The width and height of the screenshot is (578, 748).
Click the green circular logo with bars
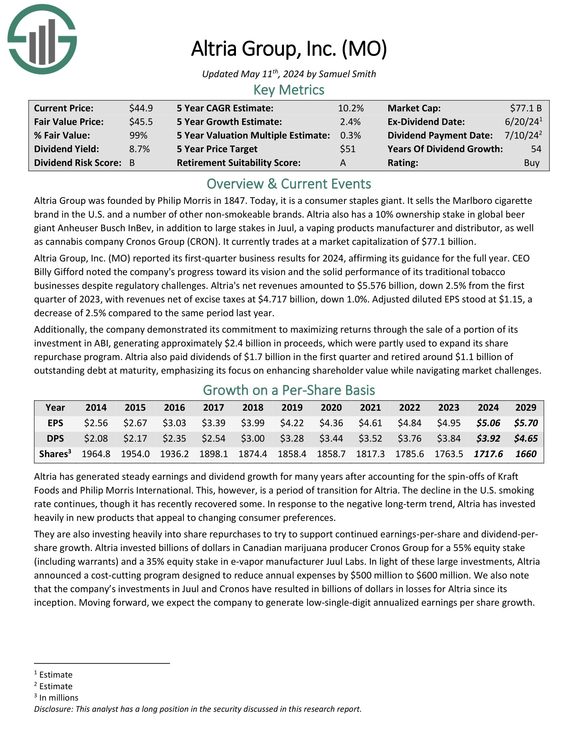pos(42,39)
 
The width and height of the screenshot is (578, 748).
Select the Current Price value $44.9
pos(141,108)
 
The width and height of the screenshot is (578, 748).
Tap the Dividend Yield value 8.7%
pos(139,149)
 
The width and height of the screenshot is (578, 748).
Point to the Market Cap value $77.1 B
pos(526,108)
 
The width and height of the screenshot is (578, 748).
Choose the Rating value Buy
pos(531,163)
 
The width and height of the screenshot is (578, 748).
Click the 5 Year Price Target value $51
pos(347,149)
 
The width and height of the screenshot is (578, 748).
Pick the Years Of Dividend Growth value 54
pos(536,149)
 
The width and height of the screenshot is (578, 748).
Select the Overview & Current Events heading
pos(289,184)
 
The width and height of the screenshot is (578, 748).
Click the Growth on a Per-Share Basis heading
pos(289,390)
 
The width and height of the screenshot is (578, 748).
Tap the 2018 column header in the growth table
pos(253,408)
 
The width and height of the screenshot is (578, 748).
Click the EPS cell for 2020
pos(331,423)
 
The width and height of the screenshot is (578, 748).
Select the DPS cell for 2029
pos(526,438)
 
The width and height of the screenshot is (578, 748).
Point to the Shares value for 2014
pos(96,454)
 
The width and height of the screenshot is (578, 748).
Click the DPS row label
pos(55,438)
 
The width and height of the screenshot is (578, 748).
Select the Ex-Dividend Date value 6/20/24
pos(519,122)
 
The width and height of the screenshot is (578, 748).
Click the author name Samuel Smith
pos(347,74)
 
